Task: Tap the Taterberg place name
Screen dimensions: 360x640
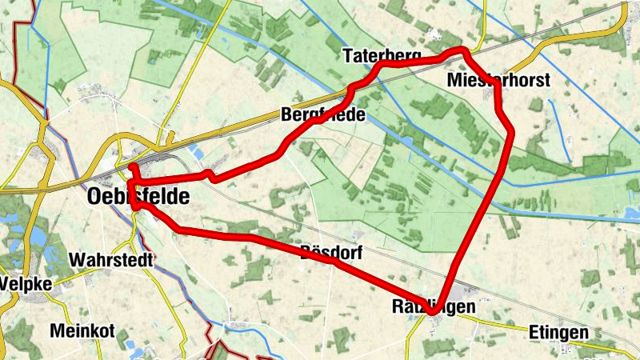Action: click(x=382, y=56)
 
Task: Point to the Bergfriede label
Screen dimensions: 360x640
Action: click(x=323, y=115)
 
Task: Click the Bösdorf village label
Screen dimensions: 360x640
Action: click(x=331, y=254)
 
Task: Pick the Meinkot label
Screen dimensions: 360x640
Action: click(x=82, y=330)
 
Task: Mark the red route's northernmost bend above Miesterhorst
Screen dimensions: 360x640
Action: click(x=461, y=51)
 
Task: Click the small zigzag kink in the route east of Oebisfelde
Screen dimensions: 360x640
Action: click(x=209, y=174)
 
